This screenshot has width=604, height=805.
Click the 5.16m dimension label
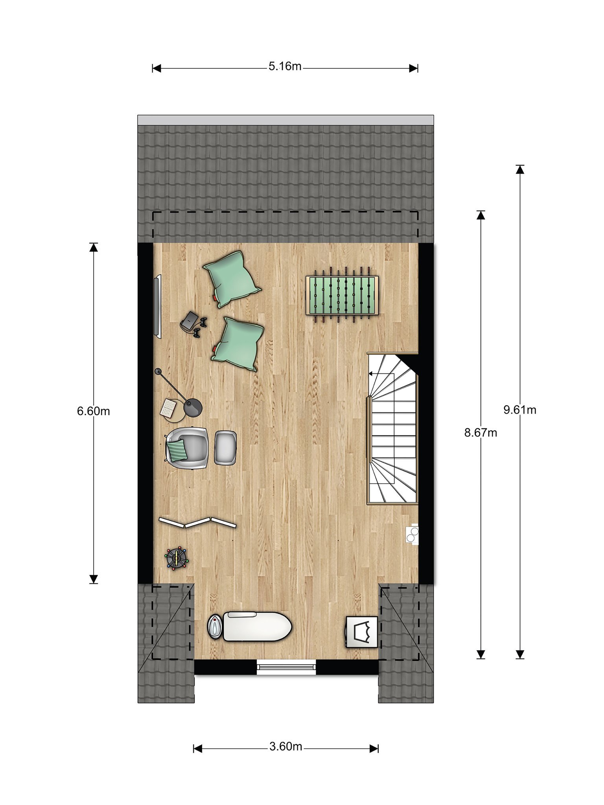pos(285,66)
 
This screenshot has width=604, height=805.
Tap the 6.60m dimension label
pos(93,411)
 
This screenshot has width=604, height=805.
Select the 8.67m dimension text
pos(481,433)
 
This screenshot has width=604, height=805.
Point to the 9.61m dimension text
pos(520,410)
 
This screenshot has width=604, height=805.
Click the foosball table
pos(342,295)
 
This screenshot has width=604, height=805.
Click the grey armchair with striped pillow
pos(187,448)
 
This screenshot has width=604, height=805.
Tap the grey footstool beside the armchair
pos(225,448)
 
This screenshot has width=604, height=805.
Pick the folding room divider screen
pos(197,522)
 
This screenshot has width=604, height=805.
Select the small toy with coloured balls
pos(177,557)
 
